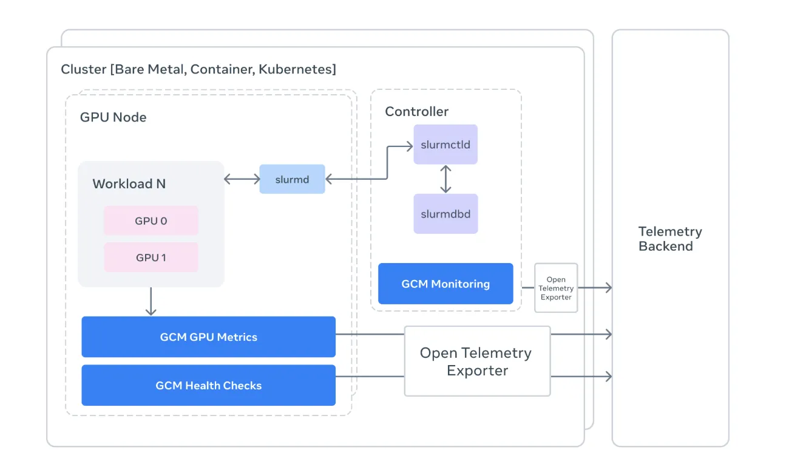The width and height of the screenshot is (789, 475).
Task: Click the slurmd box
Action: (292, 179)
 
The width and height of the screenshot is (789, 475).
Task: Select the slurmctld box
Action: (445, 145)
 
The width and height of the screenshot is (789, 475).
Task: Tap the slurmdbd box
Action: (445, 214)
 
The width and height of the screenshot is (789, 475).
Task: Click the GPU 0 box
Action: (151, 220)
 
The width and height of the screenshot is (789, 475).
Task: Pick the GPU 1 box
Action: (151, 258)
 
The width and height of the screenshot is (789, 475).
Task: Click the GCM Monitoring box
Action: (445, 284)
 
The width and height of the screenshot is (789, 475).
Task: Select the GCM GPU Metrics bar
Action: (208, 337)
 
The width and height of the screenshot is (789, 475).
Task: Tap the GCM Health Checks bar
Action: (208, 385)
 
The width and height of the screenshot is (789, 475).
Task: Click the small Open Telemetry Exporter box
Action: (556, 288)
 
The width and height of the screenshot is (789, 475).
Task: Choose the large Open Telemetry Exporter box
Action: (477, 361)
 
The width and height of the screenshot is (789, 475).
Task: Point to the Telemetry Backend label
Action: (669, 239)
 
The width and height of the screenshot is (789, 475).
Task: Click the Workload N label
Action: (129, 184)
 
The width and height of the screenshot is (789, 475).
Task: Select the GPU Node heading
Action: (113, 117)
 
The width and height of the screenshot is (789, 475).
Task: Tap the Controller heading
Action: (416, 112)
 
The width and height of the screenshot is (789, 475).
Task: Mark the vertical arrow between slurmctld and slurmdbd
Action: (446, 179)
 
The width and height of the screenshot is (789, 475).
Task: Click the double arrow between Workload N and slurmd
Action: (242, 179)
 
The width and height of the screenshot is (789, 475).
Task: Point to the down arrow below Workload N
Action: (151, 302)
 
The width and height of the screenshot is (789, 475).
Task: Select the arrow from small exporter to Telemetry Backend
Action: (595, 288)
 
